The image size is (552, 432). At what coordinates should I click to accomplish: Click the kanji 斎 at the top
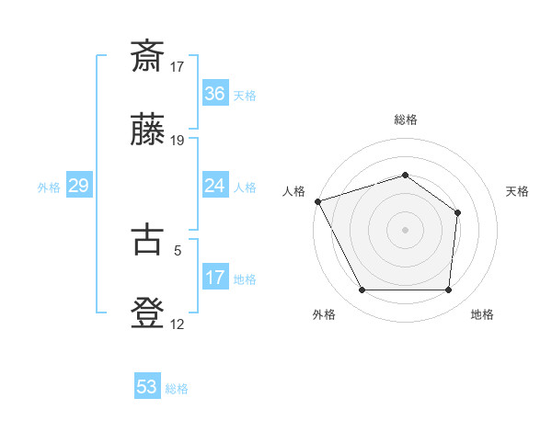click(148, 57)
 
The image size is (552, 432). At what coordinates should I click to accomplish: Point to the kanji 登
click(148, 313)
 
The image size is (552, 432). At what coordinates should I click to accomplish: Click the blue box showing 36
click(215, 94)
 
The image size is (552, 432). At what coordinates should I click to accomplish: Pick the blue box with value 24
click(215, 187)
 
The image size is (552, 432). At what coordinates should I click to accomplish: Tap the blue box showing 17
click(215, 278)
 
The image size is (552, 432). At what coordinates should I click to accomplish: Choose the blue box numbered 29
click(78, 187)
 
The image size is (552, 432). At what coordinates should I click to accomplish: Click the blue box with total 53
click(147, 387)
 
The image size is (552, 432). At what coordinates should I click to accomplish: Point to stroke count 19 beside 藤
click(178, 141)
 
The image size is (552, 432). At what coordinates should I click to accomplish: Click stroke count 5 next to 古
click(178, 248)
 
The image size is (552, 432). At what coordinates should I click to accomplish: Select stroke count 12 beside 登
click(178, 324)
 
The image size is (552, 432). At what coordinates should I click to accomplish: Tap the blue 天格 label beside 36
click(245, 96)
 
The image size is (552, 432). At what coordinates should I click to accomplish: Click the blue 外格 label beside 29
click(49, 188)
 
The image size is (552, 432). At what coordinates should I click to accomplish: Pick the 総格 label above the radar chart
click(406, 119)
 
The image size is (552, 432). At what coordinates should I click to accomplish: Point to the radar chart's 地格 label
click(482, 314)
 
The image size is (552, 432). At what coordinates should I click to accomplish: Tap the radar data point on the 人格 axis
click(317, 200)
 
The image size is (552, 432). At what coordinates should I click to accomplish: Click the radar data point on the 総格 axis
click(406, 175)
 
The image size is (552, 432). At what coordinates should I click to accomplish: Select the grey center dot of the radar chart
click(406, 229)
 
